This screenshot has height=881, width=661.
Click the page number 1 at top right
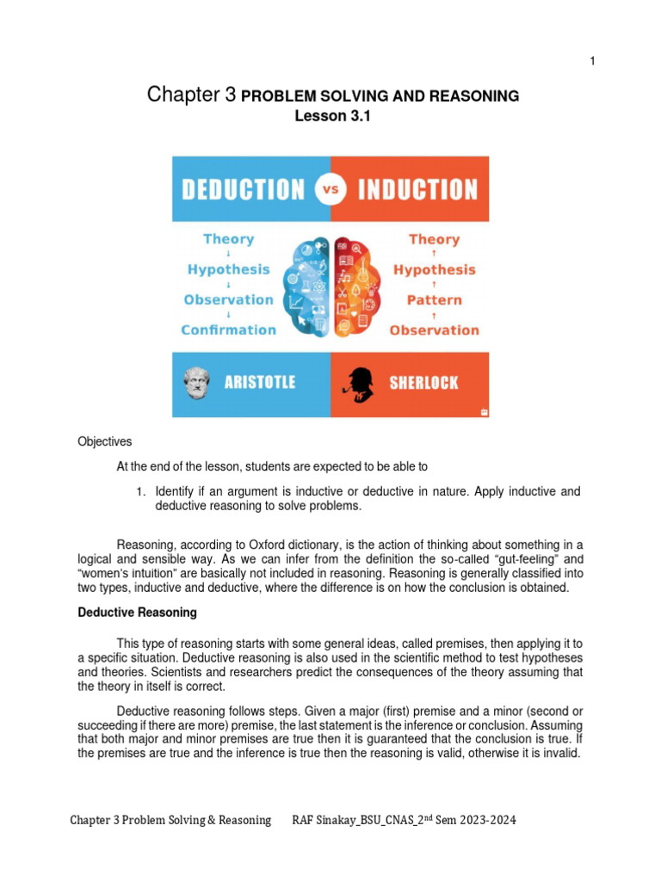pyautogui.click(x=592, y=60)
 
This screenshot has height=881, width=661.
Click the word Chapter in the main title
pyautogui.click(x=180, y=95)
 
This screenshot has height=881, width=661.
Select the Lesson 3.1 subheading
pyautogui.click(x=331, y=119)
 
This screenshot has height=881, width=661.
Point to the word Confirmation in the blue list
pyautogui.click(x=229, y=330)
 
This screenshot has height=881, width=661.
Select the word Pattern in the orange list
pyautogui.click(x=434, y=300)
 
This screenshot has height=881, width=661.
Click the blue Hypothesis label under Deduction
pyautogui.click(x=229, y=269)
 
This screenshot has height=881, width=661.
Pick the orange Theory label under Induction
pyautogui.click(x=434, y=239)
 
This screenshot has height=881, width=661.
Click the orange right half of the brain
pyautogui.click(x=355, y=284)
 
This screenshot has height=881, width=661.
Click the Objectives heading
pyautogui.click(x=105, y=441)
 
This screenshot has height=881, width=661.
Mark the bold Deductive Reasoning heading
pyautogui.click(x=138, y=613)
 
